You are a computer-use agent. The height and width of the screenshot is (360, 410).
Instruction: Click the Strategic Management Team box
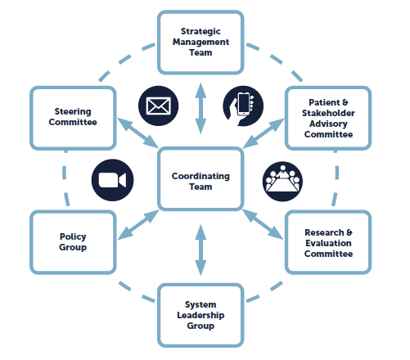[x=200, y=43]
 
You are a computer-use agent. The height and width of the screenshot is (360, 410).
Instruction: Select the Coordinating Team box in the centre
[x=200, y=179]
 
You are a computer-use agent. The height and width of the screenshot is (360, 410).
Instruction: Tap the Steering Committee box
[x=73, y=118]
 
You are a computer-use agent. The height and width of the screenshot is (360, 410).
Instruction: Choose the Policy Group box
[x=73, y=242]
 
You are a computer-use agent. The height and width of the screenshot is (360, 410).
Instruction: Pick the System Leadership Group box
[x=200, y=315]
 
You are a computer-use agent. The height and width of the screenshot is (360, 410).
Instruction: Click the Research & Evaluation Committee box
[x=328, y=242]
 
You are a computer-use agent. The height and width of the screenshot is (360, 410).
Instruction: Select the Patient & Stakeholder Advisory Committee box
[x=328, y=118]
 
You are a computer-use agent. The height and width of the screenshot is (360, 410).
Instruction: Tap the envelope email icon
[x=159, y=106]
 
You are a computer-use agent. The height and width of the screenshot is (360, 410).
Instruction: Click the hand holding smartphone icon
[x=243, y=106]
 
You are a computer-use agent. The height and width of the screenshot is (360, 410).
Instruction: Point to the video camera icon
[x=112, y=180]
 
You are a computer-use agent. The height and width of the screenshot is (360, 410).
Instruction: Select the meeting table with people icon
[x=282, y=182]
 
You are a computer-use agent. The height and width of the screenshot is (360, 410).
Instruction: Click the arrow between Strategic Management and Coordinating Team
[x=200, y=108]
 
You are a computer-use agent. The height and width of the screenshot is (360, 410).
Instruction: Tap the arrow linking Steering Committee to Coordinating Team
[x=138, y=133]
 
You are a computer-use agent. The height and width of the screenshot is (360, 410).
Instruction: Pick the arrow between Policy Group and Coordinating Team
[x=138, y=225]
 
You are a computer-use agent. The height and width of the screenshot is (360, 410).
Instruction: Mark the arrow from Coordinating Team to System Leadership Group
[x=200, y=250]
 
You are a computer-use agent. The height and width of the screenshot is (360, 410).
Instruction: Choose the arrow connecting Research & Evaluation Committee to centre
[x=263, y=224]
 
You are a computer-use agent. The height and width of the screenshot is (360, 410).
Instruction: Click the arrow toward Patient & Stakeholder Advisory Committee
[x=264, y=133]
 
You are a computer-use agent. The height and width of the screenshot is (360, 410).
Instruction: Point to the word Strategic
[x=200, y=32]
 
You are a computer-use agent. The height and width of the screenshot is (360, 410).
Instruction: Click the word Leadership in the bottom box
[x=200, y=315]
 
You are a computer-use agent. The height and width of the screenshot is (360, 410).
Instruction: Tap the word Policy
[x=73, y=236]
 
